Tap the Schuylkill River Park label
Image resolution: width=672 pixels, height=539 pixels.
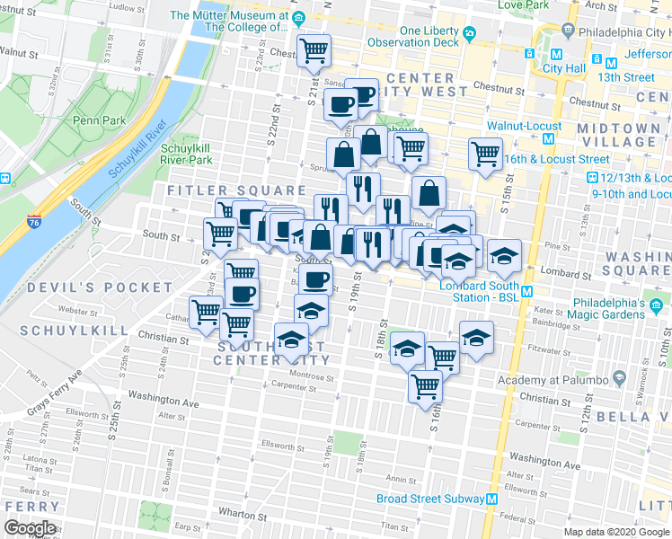tap(186, 154)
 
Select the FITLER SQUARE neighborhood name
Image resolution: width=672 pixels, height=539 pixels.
tap(237, 190)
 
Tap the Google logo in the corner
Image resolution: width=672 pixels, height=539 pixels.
tap(30, 527)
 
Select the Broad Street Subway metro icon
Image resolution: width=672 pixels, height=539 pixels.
tap(492, 499)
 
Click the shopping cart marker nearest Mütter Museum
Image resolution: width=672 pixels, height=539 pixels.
tap(314, 50)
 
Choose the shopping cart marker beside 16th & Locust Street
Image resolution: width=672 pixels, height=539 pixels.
tap(485, 154)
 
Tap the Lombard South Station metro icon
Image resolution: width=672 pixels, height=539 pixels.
tap(528, 291)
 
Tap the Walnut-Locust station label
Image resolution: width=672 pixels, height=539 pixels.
tap(525, 127)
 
